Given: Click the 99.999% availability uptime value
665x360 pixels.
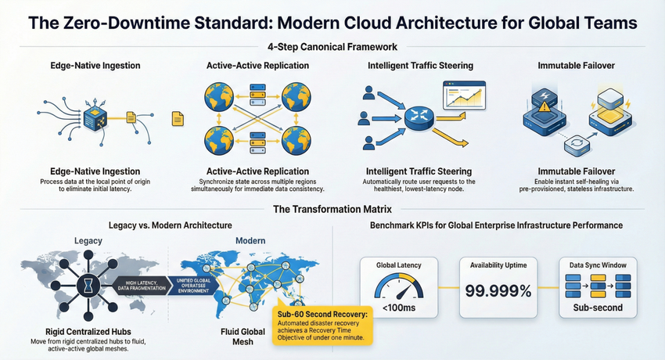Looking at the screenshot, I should click(498, 292).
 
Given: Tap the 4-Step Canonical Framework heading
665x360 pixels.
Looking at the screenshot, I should click(332, 47).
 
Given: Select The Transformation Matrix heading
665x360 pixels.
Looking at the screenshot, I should click(332, 209).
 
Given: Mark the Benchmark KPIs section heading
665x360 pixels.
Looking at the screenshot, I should click(497, 225).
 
